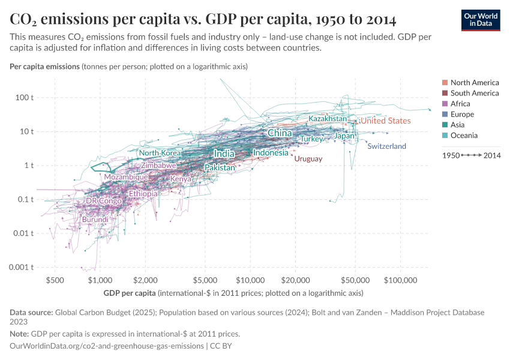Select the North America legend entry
[x=474, y=83]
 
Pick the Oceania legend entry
[x=464, y=136]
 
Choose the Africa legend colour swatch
[x=445, y=104]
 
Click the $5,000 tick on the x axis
[x=205, y=280]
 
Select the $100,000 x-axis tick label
[x=400, y=280]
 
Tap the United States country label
[x=386, y=121]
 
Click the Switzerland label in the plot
[x=386, y=146]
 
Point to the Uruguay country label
[x=308, y=159]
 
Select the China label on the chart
[x=280, y=133]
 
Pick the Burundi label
[x=95, y=220]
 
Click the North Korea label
[x=160, y=153]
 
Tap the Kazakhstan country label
[x=328, y=119]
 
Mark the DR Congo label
[x=104, y=201]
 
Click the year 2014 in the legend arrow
[x=492, y=155]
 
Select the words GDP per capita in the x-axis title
[x=129, y=293]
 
